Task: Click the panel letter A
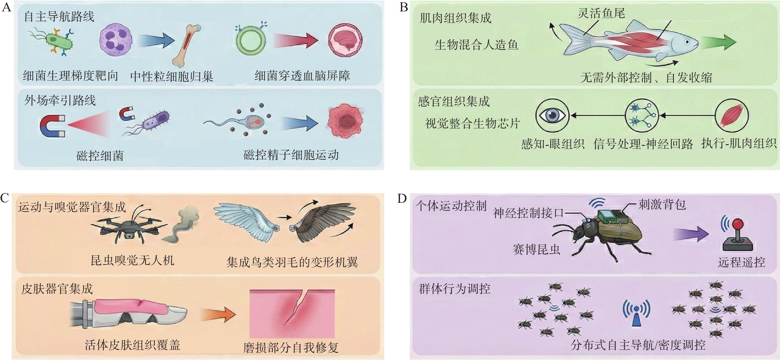tap(6, 7)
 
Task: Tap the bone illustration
tap(186, 45)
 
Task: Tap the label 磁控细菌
tap(100, 156)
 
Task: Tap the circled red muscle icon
tap(731, 116)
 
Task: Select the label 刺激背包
tap(662, 205)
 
